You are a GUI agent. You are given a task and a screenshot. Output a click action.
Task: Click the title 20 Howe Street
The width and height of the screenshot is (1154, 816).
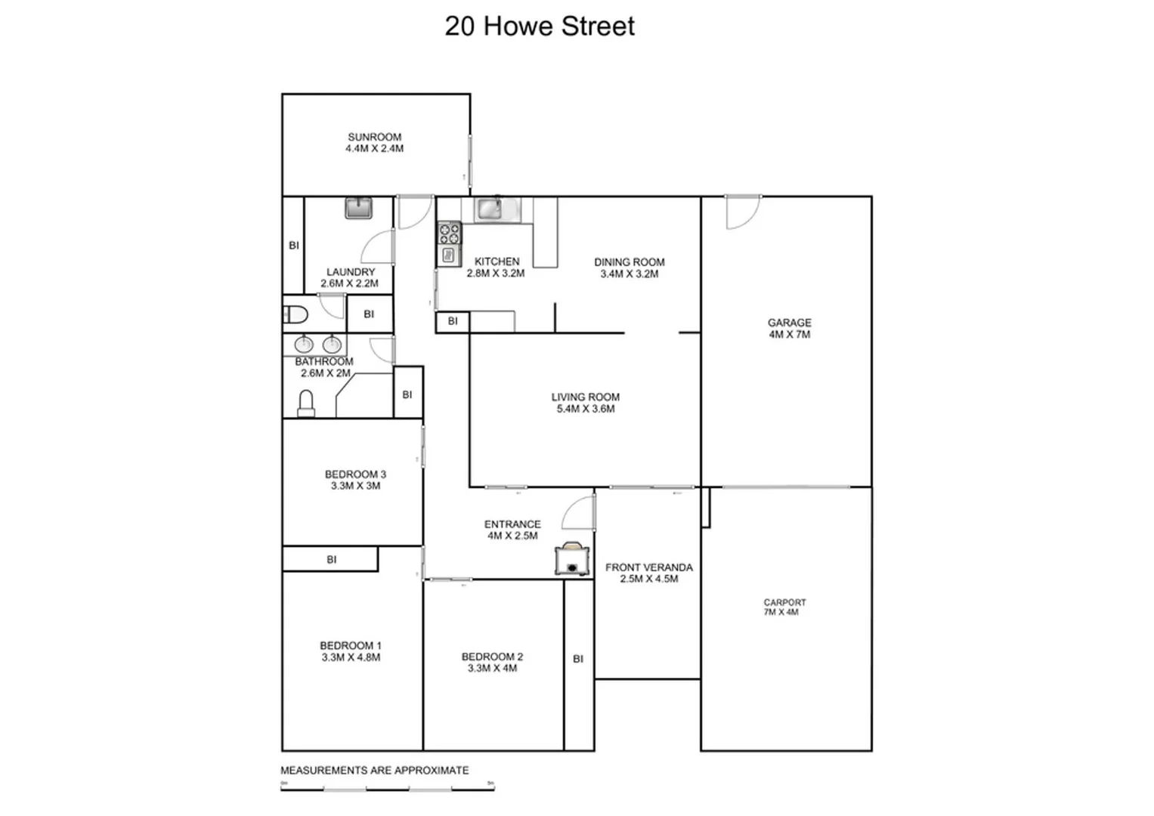tap(540, 26)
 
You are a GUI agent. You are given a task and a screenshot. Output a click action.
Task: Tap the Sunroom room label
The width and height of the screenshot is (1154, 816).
tap(374, 143)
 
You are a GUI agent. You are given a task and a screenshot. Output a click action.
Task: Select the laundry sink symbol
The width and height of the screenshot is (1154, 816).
tap(358, 208)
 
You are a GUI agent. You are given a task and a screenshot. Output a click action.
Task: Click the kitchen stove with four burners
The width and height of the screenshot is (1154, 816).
tap(449, 232)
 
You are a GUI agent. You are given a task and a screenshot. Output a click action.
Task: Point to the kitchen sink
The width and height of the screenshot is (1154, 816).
tap(489, 209)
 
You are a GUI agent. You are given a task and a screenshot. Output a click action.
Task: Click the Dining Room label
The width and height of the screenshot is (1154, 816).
tap(629, 268)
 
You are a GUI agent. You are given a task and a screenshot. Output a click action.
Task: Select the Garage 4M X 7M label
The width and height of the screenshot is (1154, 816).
tap(789, 329)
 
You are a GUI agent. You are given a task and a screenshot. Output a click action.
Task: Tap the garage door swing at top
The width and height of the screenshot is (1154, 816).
tap(741, 212)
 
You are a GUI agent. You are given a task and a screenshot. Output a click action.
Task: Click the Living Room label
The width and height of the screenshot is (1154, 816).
tap(585, 403)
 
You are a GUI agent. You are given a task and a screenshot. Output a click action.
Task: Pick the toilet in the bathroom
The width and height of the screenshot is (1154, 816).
tap(306, 403)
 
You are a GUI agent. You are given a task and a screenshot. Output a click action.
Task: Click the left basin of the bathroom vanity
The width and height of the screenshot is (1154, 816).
tap(304, 345)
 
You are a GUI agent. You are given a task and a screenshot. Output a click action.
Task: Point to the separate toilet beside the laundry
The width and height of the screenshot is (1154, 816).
tap(295, 314)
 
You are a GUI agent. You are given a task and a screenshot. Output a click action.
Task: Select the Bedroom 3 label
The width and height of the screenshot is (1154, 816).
tap(355, 480)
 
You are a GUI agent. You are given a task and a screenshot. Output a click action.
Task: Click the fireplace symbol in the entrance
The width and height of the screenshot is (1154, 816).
tap(572, 559)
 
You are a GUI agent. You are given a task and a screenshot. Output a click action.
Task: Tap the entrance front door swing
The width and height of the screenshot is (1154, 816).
tap(579, 514)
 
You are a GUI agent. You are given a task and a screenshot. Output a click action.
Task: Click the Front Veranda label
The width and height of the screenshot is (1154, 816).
tap(648, 573)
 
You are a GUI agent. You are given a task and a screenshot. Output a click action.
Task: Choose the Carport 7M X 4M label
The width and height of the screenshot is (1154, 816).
tap(784, 607)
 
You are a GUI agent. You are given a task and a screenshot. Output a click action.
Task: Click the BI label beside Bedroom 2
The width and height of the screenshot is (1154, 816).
tap(578, 659)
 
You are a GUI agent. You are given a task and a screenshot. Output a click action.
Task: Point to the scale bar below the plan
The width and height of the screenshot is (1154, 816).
tap(387, 789)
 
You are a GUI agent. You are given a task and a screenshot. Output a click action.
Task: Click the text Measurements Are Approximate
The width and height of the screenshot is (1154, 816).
tap(375, 771)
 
